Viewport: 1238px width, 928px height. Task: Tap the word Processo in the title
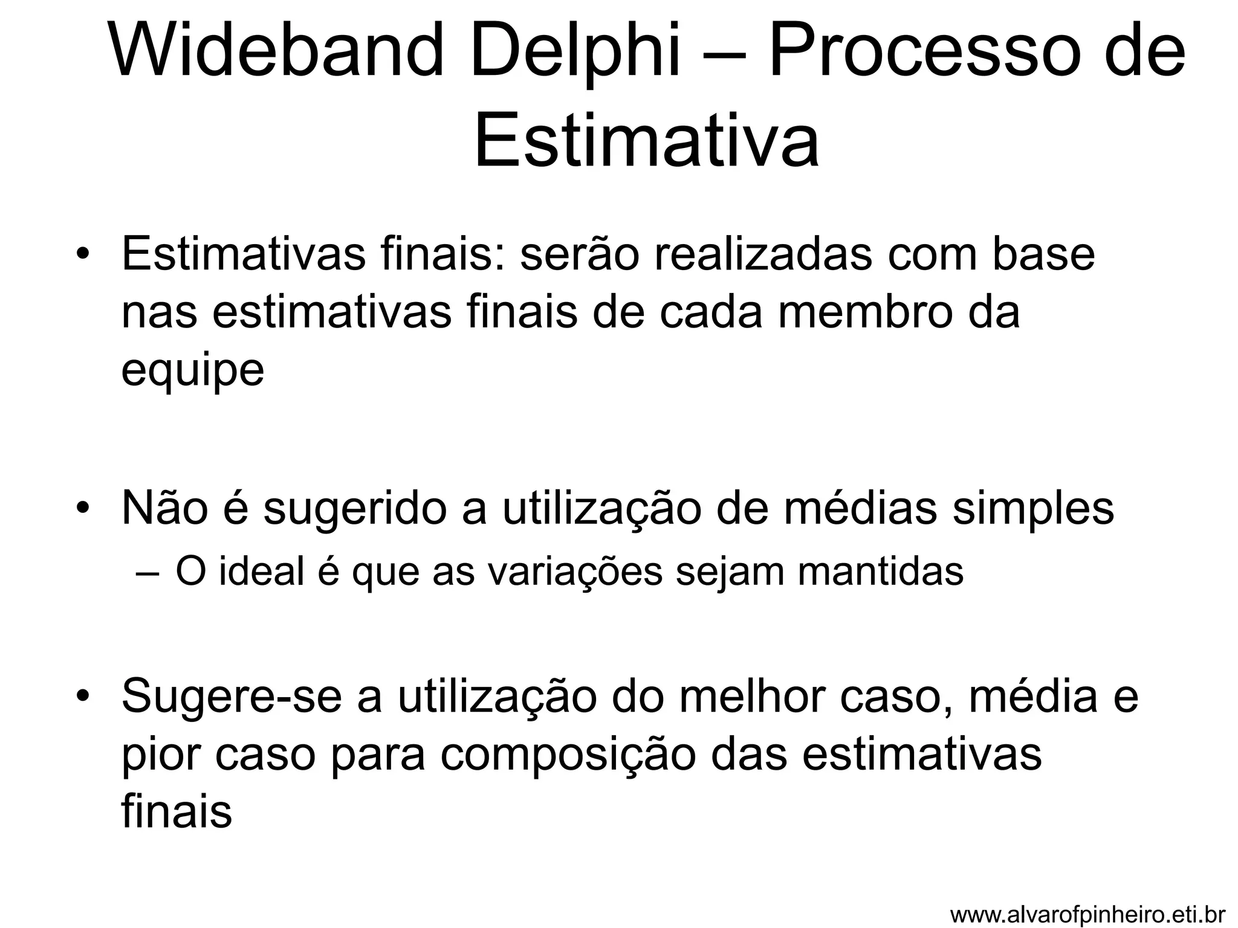(x=913, y=52)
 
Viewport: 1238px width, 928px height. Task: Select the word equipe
(x=193, y=370)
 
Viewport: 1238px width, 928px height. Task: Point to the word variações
(x=575, y=572)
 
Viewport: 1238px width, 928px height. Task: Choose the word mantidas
(x=881, y=572)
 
